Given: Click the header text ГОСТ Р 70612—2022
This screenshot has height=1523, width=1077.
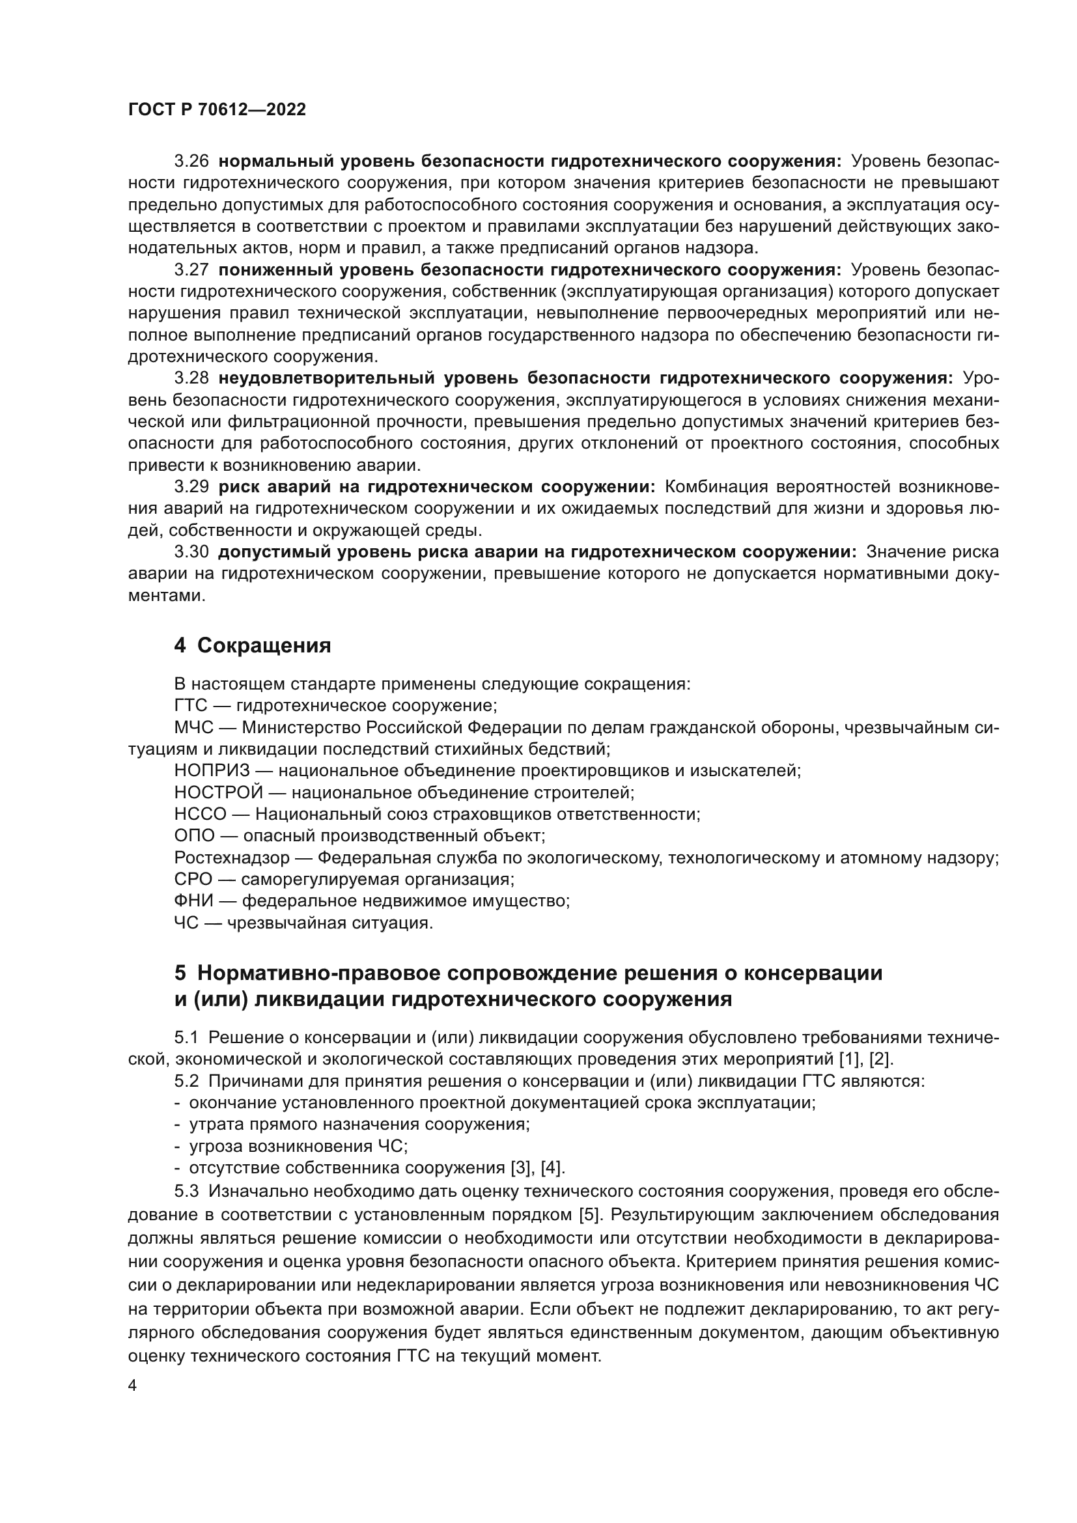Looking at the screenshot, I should (x=217, y=110).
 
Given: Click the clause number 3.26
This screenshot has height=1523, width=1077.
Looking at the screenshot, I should (x=191, y=161).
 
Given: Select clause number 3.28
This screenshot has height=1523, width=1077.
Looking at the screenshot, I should (x=191, y=378).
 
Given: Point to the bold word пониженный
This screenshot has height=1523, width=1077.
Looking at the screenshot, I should (x=274, y=270).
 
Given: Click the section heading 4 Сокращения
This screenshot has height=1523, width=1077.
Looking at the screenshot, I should (x=253, y=645).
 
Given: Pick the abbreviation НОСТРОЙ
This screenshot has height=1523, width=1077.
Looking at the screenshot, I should (x=219, y=792).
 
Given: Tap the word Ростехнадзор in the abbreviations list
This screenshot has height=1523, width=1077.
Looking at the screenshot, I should (x=232, y=858).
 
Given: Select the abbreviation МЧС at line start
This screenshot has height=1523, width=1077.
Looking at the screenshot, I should (x=194, y=728).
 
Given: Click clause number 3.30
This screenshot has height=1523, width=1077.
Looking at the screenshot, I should (x=191, y=553).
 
